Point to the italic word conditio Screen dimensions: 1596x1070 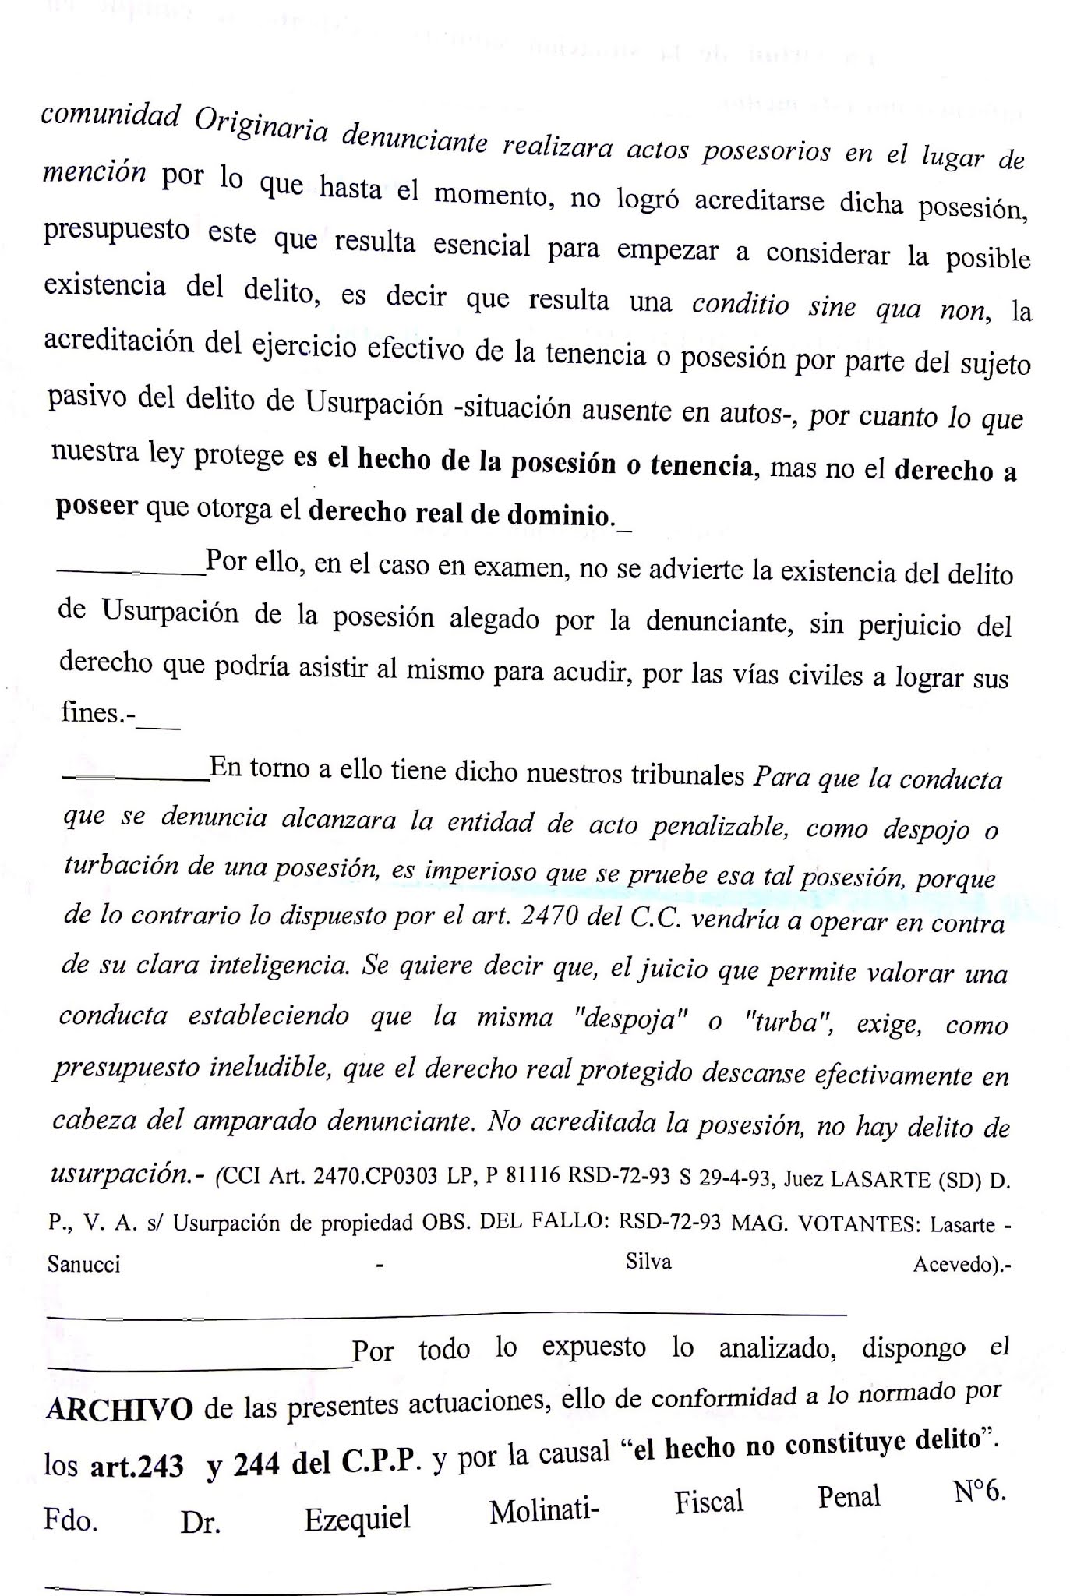[x=740, y=305]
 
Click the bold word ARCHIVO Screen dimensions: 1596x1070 [x=120, y=1409]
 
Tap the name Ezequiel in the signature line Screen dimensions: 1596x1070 [x=357, y=1518]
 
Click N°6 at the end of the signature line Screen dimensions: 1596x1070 [x=979, y=1492]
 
